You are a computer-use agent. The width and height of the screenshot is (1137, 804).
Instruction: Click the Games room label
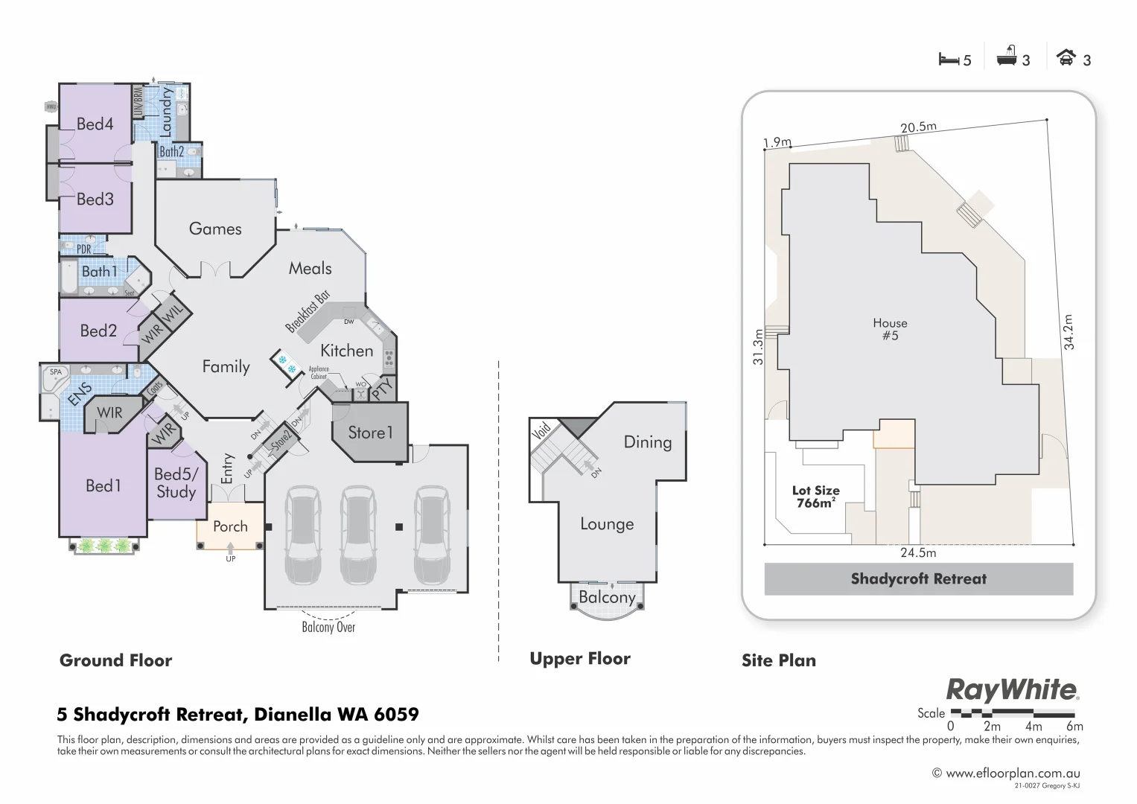point(215,229)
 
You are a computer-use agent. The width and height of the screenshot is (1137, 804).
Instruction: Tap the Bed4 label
point(95,124)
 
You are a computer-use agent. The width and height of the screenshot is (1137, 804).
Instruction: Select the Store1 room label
point(370,433)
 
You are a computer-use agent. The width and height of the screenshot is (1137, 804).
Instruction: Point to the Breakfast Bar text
point(308,311)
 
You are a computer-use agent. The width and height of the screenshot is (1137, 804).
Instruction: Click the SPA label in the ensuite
point(56,371)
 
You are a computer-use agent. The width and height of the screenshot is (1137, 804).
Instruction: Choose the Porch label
point(230,526)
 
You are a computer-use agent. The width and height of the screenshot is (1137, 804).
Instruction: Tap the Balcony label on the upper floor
point(607,597)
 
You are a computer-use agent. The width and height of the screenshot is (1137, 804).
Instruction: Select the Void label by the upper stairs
point(541,431)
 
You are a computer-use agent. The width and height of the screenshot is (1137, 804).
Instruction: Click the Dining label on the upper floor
point(647,442)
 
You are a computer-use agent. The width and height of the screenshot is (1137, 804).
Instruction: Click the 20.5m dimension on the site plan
point(918,127)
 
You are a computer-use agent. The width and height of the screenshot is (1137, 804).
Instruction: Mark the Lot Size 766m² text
point(816,497)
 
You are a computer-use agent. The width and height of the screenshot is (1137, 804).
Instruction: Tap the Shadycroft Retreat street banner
point(918,579)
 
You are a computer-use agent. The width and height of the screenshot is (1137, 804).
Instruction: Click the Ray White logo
point(1011,690)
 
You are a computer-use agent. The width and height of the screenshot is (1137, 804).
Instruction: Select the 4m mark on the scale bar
point(1033,726)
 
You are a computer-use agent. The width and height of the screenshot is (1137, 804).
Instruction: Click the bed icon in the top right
point(948,60)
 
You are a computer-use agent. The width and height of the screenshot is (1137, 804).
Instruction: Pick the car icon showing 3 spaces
point(1066,58)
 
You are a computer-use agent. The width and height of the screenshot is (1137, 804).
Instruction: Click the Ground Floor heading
point(115,660)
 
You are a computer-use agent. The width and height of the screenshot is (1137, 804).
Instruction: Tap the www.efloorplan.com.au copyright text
point(1006,773)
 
